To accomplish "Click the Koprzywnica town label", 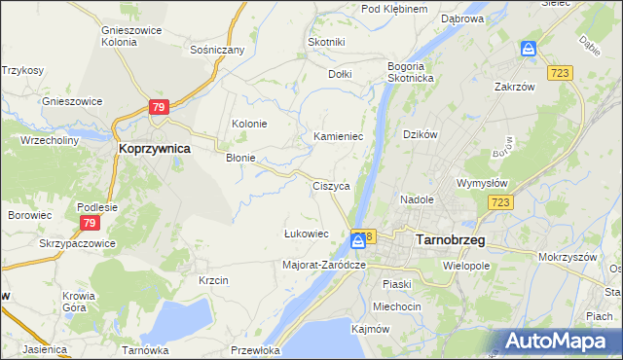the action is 154,149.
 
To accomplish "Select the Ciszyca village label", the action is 331,186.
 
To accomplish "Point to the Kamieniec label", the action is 338,137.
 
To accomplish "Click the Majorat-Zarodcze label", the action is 323,265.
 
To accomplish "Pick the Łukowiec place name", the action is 306,234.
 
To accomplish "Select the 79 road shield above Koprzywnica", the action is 160,107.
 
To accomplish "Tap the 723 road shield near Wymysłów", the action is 501,201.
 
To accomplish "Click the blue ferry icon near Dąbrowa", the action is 528,48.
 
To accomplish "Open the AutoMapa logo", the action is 556,342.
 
